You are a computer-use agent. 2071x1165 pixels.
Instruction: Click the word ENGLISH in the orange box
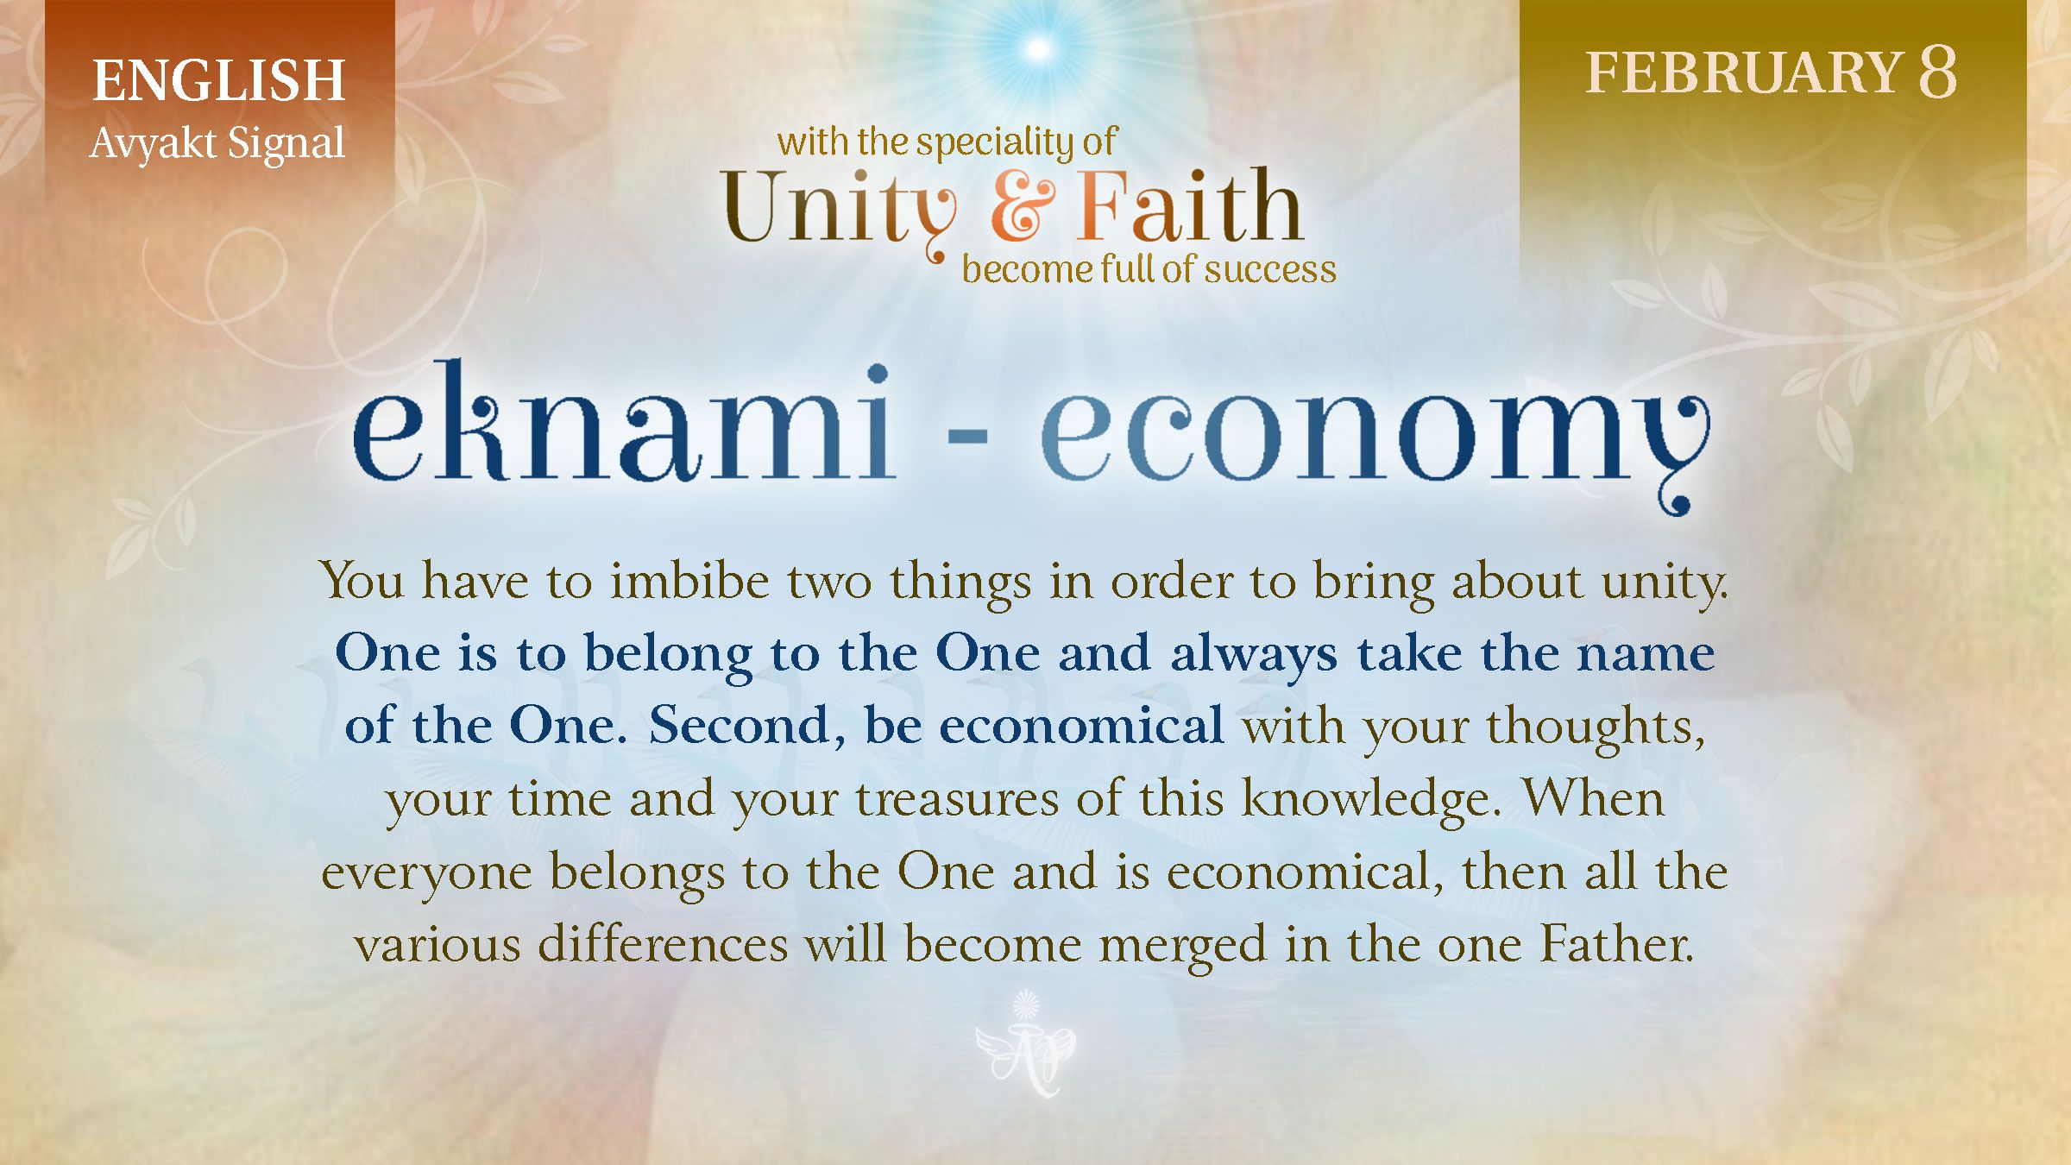(218, 80)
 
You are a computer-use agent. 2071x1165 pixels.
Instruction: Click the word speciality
(1000, 142)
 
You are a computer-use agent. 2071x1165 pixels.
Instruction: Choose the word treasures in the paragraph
(957, 799)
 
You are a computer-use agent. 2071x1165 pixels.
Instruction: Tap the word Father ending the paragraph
(1616, 944)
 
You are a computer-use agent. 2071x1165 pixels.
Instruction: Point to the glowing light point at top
(1039, 48)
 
